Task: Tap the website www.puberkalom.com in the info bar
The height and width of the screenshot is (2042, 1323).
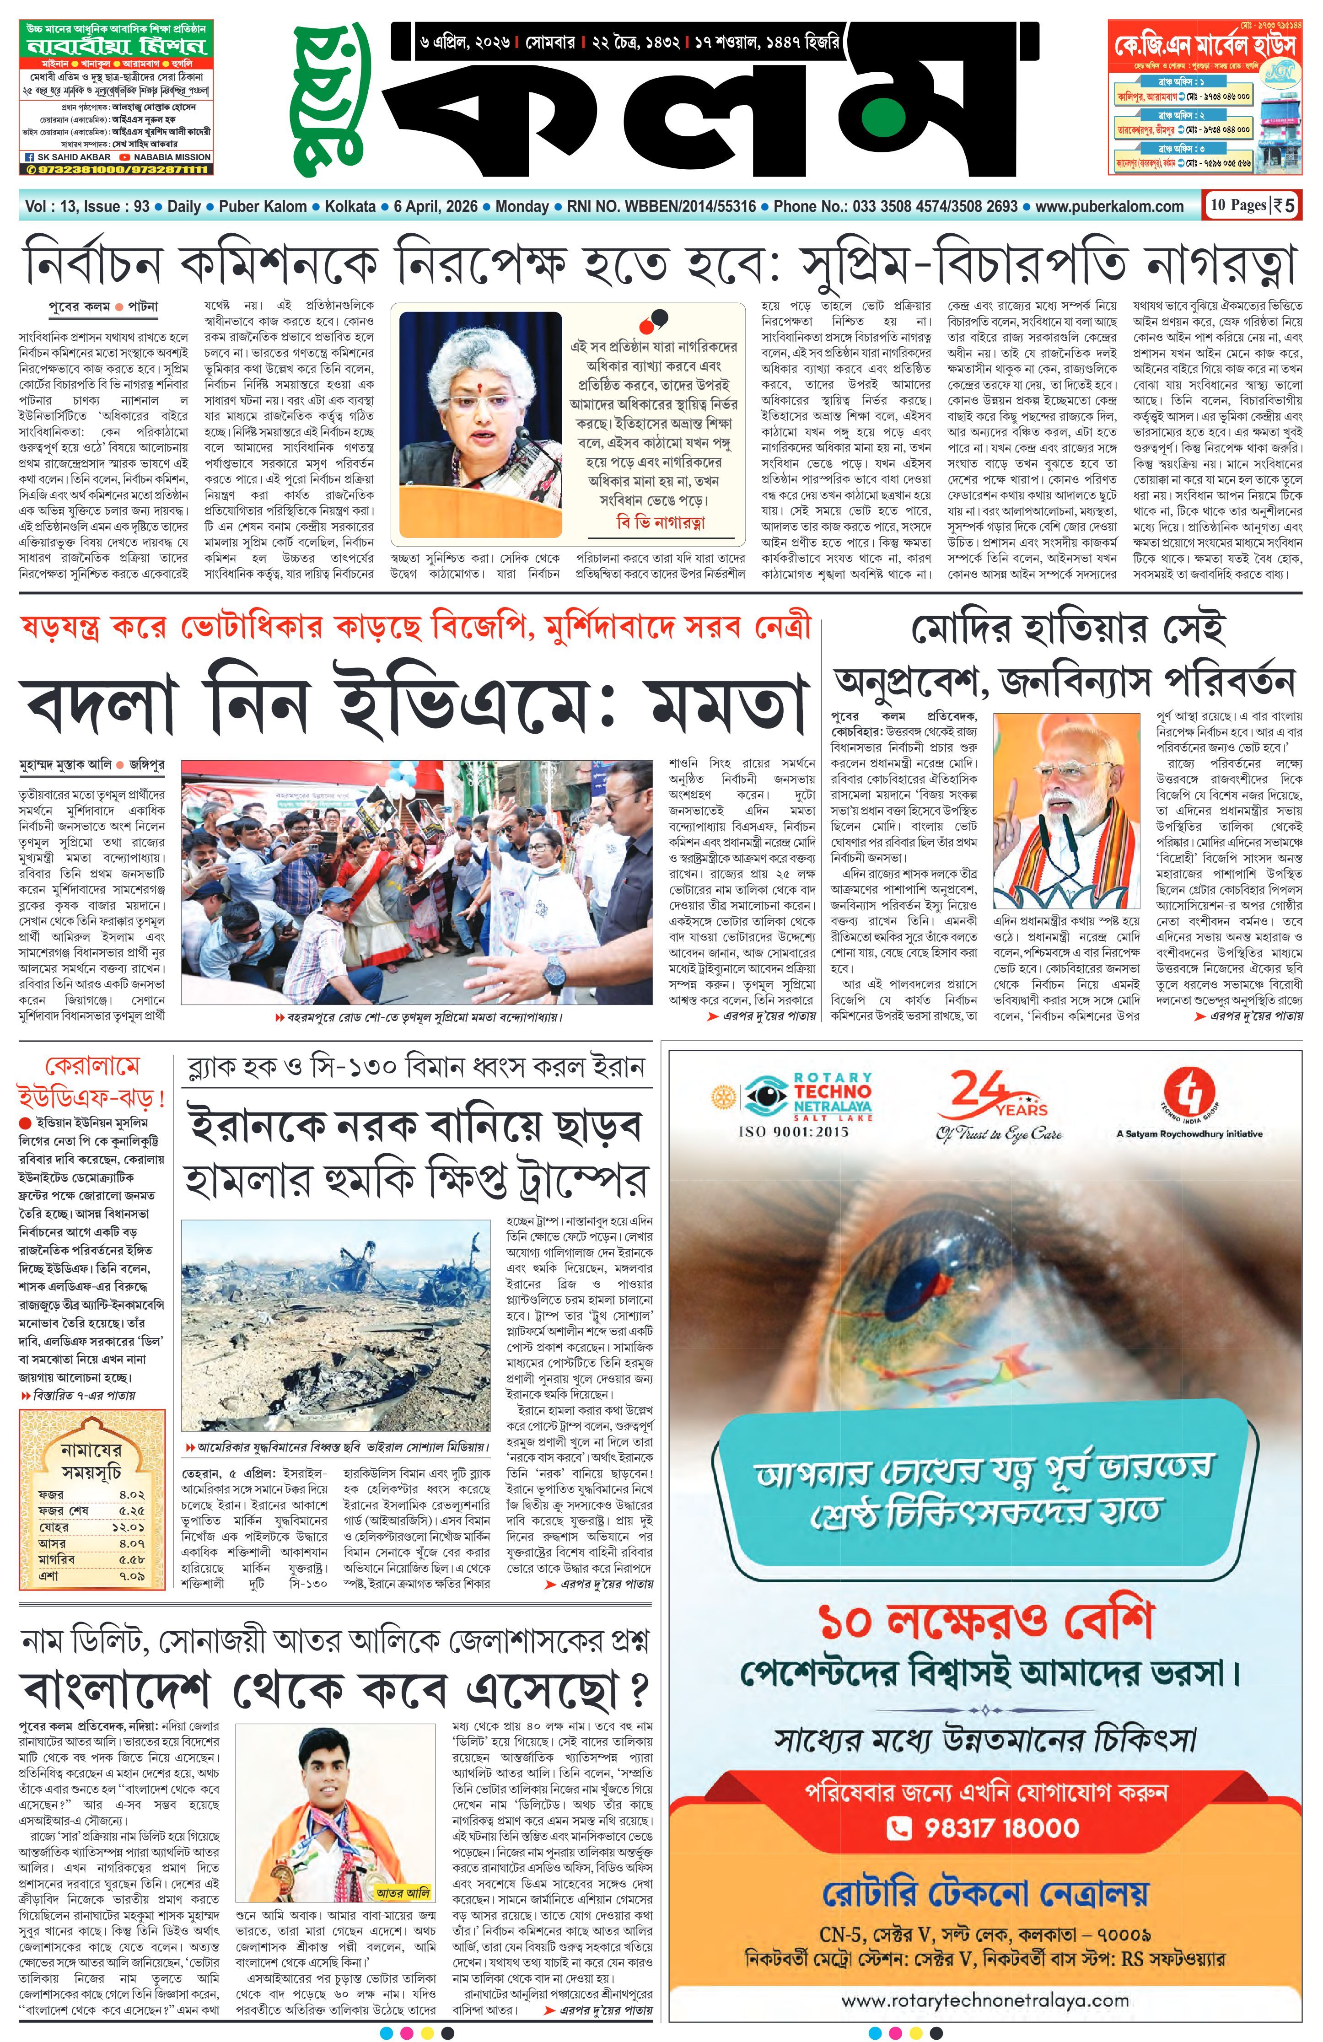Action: click(x=1108, y=206)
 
